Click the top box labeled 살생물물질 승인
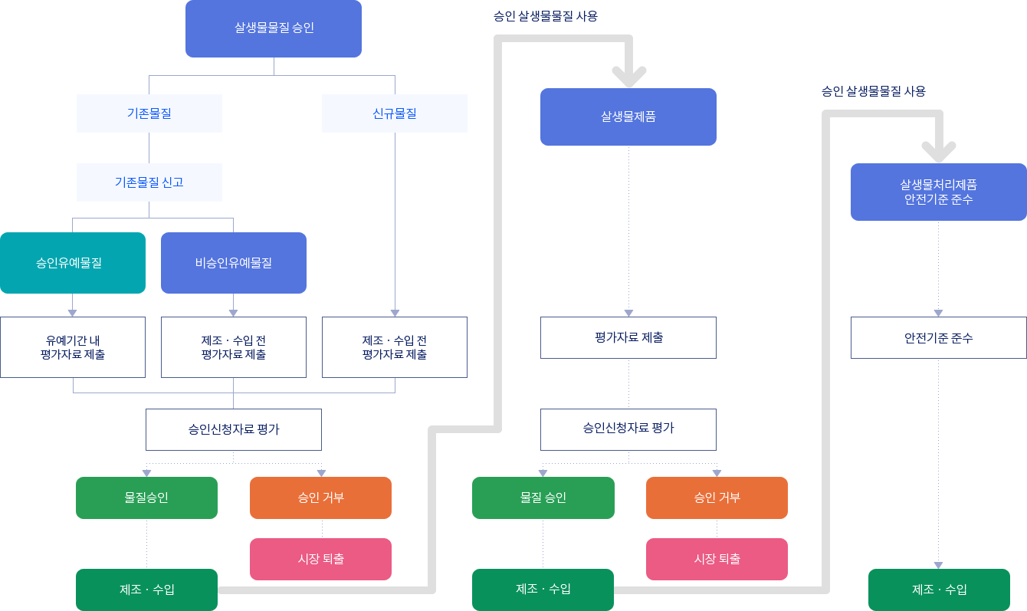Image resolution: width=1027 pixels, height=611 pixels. coord(274,28)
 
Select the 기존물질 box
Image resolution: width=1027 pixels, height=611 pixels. coord(149,113)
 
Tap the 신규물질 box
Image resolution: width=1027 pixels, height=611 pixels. coord(394,113)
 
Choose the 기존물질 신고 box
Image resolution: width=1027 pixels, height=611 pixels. coord(149,182)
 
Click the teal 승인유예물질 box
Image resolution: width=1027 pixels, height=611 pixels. coord(73,263)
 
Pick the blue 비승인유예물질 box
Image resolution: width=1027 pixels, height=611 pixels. coord(233,263)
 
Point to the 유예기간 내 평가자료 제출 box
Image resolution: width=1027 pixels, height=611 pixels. coord(73,347)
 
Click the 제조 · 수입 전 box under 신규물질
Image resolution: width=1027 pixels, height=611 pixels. coord(394,347)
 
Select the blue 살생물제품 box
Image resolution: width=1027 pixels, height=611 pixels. coord(628,117)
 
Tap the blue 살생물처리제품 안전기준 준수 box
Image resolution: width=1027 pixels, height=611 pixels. coord(939,192)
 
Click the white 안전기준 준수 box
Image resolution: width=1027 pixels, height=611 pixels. coord(939,337)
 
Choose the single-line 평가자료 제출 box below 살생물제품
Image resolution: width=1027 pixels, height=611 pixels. coord(628,337)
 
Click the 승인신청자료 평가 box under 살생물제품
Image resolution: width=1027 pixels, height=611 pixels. coord(628,429)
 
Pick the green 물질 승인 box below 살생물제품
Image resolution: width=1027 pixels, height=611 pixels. coord(543,498)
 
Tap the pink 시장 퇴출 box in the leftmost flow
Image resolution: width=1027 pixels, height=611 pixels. coord(320,559)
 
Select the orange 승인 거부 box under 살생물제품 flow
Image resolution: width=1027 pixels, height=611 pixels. coord(717,498)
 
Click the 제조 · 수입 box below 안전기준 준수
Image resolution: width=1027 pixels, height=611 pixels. coord(939,590)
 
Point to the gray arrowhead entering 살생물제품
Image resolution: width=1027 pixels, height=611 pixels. coord(629,77)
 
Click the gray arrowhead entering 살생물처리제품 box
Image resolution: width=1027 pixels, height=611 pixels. coord(939,152)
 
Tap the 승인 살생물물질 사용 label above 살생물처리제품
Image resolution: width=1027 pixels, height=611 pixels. coord(874,91)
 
